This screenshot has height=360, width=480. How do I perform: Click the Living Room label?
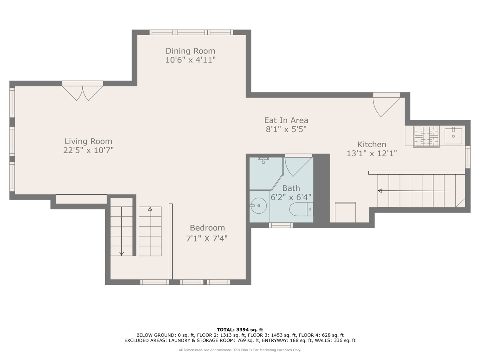[x=88, y=141]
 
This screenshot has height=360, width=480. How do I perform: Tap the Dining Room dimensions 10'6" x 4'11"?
[x=190, y=60]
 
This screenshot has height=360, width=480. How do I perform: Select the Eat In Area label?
[x=286, y=120]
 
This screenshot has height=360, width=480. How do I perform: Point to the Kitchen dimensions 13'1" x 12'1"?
[x=372, y=153]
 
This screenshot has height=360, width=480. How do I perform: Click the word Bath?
[x=291, y=188]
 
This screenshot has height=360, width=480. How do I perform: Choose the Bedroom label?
[x=207, y=228]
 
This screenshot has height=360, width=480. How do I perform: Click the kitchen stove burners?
[x=426, y=136]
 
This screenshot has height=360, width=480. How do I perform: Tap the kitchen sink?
[x=453, y=136]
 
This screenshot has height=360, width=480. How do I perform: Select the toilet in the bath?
[x=301, y=209]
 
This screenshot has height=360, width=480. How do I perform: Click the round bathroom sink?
[x=258, y=206]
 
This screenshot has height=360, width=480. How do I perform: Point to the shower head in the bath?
[x=263, y=160]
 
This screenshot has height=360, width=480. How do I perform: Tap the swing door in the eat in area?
[x=386, y=107]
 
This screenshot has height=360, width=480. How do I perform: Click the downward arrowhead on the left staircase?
[x=121, y=254]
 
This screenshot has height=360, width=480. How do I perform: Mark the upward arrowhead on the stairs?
[x=150, y=209]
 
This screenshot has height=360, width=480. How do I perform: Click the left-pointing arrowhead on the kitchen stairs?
[x=380, y=191]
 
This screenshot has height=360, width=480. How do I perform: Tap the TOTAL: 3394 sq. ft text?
[x=240, y=330]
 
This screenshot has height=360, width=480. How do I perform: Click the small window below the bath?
[x=281, y=225]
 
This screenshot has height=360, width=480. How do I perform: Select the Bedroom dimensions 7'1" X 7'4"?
[x=207, y=238]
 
